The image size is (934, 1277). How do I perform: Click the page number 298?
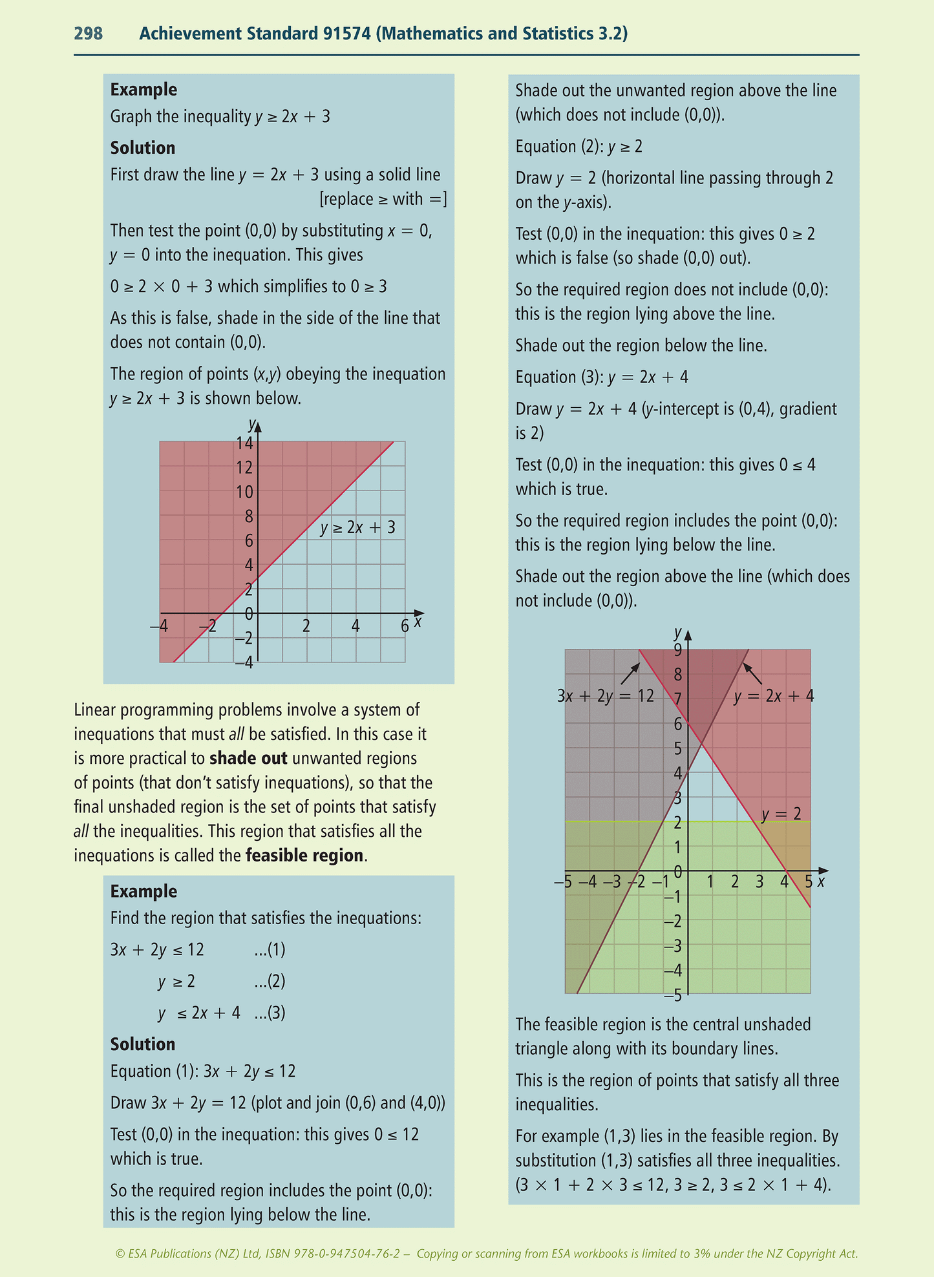point(89,34)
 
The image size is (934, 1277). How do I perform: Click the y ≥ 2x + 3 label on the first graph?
point(357,528)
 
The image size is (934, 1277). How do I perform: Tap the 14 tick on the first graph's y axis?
point(244,443)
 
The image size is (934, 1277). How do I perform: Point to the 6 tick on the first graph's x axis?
point(405,626)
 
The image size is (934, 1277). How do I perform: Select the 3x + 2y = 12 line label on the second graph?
point(605,696)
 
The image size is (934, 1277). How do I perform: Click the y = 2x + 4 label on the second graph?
point(774,696)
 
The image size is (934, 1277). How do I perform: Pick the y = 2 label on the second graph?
point(781,814)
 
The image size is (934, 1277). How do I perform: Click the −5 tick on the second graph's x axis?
point(563,881)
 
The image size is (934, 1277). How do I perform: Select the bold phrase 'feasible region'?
point(304,856)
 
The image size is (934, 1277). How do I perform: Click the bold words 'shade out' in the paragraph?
point(248,758)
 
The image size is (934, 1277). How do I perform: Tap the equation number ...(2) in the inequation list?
point(270,982)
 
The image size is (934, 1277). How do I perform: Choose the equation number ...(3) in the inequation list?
point(270,1013)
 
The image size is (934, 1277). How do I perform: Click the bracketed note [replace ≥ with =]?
point(383,199)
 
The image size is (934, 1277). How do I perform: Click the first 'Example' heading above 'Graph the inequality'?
point(143,90)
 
